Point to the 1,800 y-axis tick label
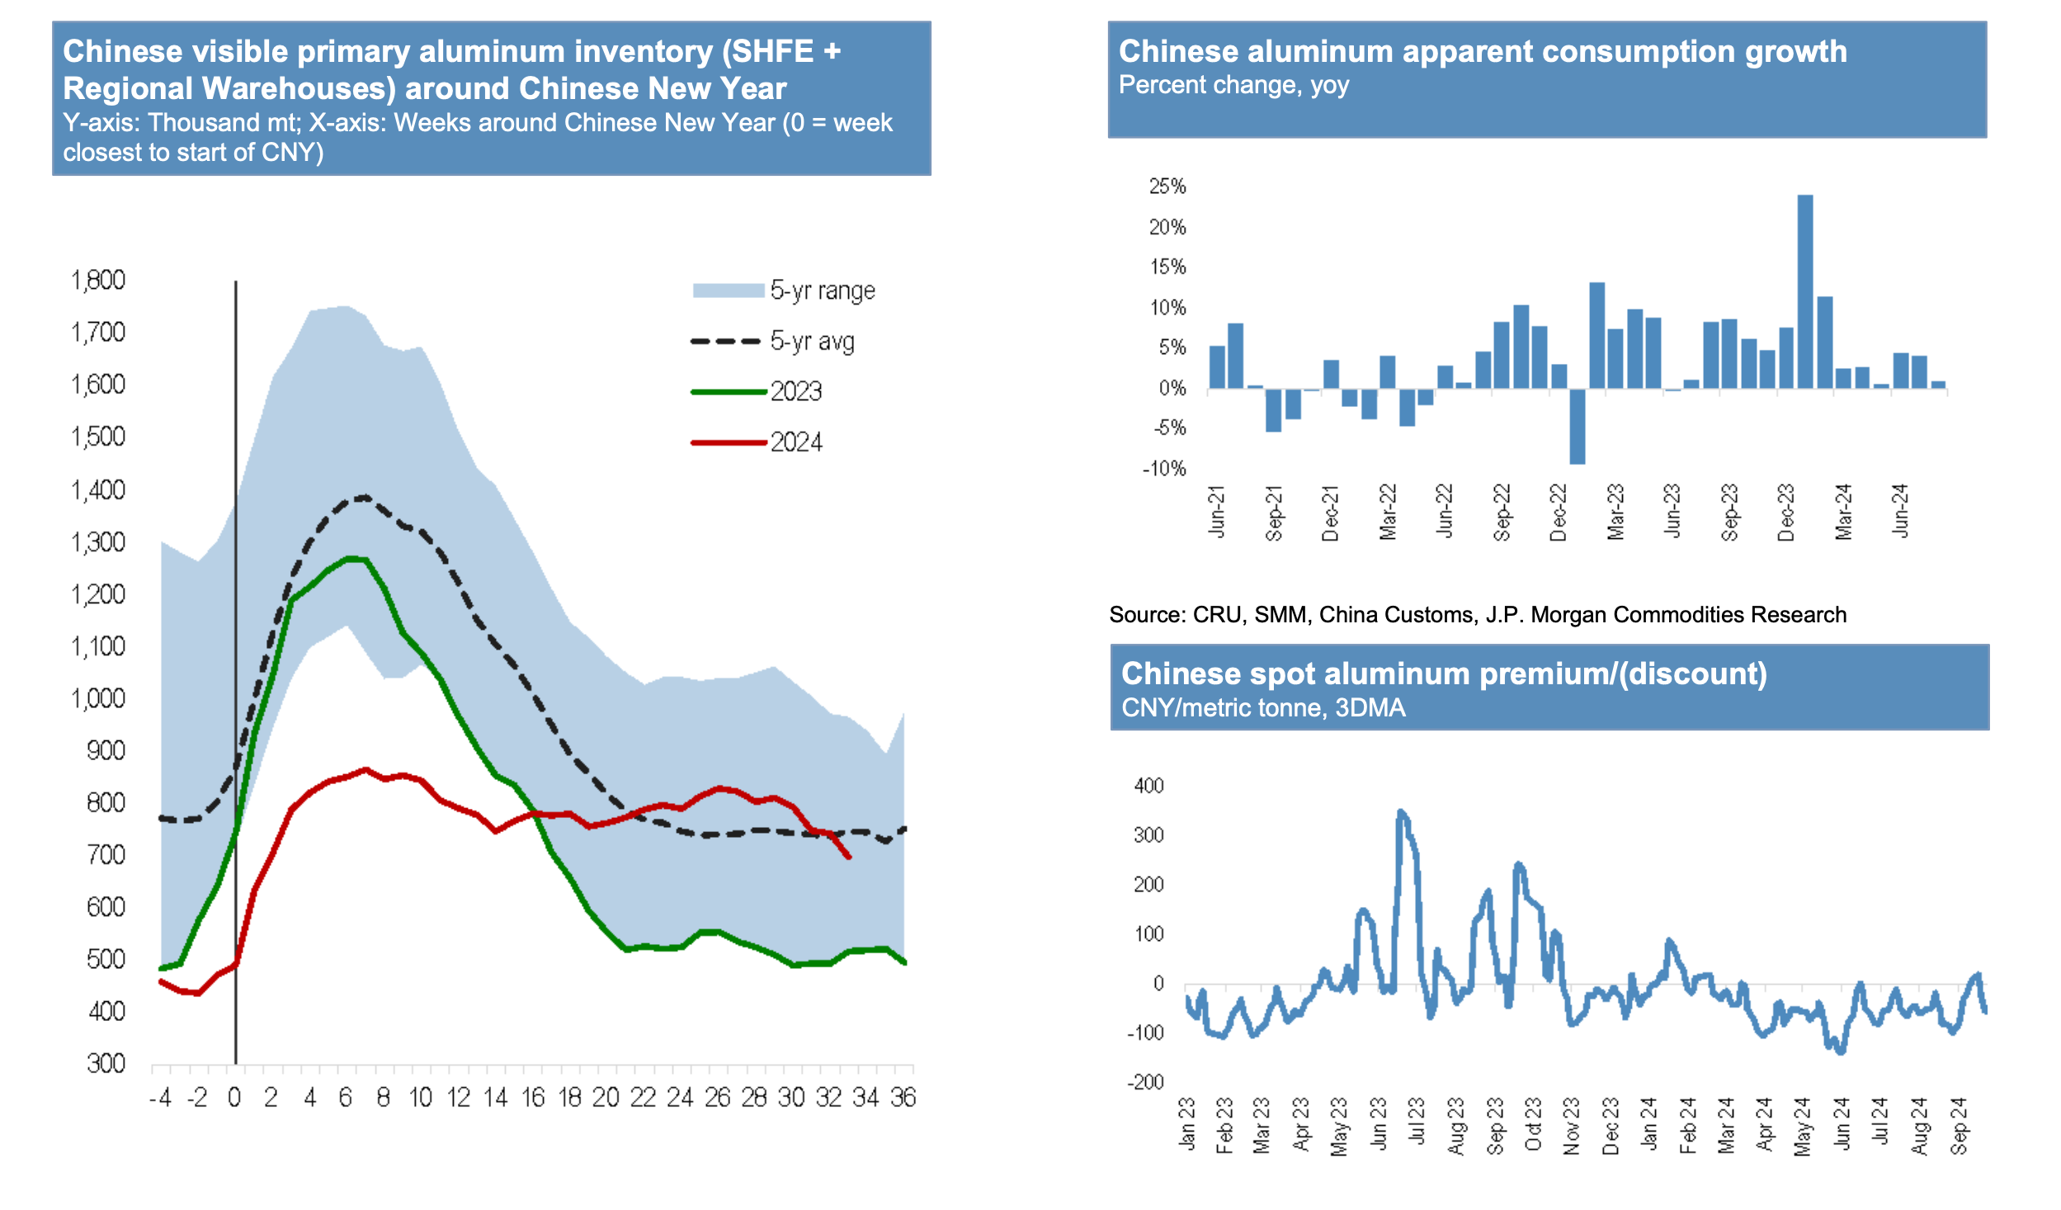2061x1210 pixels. click(98, 281)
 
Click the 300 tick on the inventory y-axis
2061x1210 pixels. click(106, 1063)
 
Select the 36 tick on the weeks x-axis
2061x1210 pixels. click(903, 1098)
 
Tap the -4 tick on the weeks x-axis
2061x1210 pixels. click(160, 1098)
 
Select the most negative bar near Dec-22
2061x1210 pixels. click(1578, 426)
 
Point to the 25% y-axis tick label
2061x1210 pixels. click(1167, 187)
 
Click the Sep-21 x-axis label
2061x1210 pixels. click(1275, 513)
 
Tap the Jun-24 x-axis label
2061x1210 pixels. click(1901, 512)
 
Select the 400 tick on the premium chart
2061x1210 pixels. click(1148, 786)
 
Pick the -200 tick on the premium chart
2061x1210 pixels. click(1145, 1082)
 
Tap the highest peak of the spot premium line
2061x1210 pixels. click(1400, 812)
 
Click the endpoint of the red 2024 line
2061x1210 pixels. click(849, 858)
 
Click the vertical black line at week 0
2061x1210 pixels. click(236, 660)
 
